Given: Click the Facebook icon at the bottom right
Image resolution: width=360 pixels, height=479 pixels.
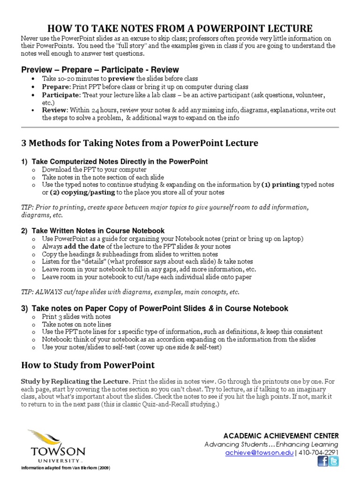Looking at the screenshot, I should (322, 462).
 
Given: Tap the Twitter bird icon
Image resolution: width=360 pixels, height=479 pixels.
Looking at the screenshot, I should (333, 462).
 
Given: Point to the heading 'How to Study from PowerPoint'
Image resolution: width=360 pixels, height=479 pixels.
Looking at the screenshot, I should (88, 365).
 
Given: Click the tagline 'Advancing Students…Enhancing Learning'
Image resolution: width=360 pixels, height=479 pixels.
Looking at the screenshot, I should (271, 444).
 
